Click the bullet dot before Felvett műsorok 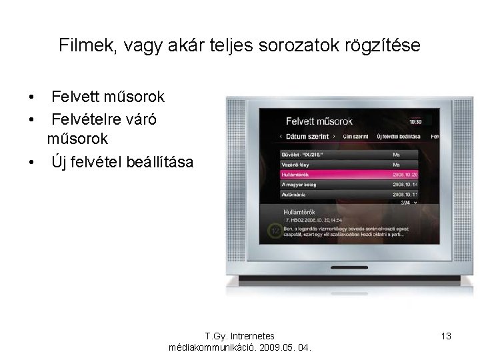(x=32, y=98)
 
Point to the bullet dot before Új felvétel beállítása (x=32, y=162)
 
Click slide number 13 (x=446, y=336)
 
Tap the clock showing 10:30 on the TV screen (x=415, y=122)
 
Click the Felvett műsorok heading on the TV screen (x=319, y=121)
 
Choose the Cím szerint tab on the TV (x=355, y=137)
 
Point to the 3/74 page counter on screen (x=406, y=202)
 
